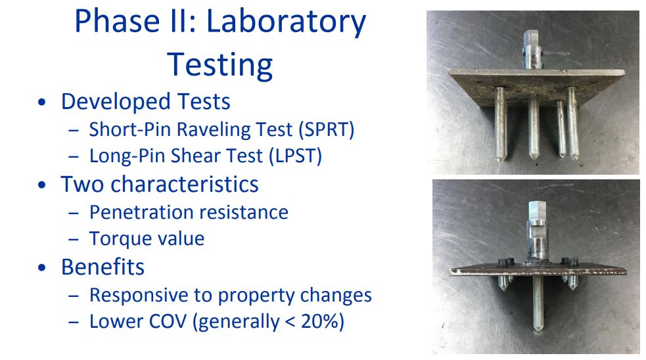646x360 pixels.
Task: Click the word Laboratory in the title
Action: point(286,22)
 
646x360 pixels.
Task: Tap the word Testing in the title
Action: point(219,65)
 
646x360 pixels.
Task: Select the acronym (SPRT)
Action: point(327,129)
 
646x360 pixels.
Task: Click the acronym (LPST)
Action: point(295,156)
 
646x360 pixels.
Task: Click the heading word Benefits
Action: point(103,267)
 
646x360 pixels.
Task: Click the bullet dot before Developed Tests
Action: point(41,102)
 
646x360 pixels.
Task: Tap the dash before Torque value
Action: point(74,239)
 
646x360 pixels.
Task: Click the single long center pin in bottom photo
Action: point(538,303)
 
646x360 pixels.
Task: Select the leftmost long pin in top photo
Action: point(500,124)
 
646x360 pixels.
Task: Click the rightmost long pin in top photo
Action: point(572,123)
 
